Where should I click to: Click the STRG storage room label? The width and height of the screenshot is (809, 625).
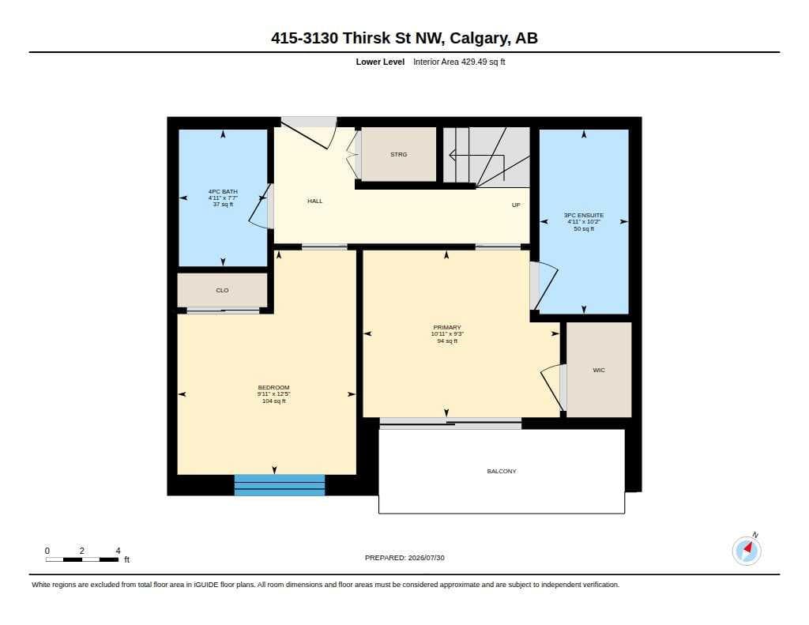[x=398, y=154]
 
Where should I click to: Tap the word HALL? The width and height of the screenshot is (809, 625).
[x=314, y=201]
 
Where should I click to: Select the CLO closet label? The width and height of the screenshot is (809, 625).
[x=222, y=291]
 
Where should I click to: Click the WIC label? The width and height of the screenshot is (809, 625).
[x=599, y=370]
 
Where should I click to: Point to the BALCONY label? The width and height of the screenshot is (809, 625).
[x=502, y=471]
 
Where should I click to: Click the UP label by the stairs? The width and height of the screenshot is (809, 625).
[x=515, y=205]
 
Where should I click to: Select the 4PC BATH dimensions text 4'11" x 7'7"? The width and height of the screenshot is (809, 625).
[x=223, y=198]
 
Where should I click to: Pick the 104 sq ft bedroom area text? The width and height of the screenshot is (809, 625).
[x=274, y=401]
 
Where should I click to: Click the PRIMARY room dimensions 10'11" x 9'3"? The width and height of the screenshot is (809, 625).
[x=447, y=334]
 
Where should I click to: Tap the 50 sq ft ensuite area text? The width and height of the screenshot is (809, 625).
[x=584, y=228]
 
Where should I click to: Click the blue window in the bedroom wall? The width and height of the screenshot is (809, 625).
[x=280, y=485]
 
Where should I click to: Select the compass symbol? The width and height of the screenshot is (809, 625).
[x=747, y=550]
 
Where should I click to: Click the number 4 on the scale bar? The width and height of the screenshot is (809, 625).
[x=119, y=551]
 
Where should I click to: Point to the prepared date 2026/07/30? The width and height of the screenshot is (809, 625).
[x=426, y=558]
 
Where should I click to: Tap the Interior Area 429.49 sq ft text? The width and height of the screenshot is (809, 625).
[x=459, y=62]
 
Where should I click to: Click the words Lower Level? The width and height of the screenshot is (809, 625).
[x=380, y=62]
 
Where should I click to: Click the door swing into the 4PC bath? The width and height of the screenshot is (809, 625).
[x=259, y=206]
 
